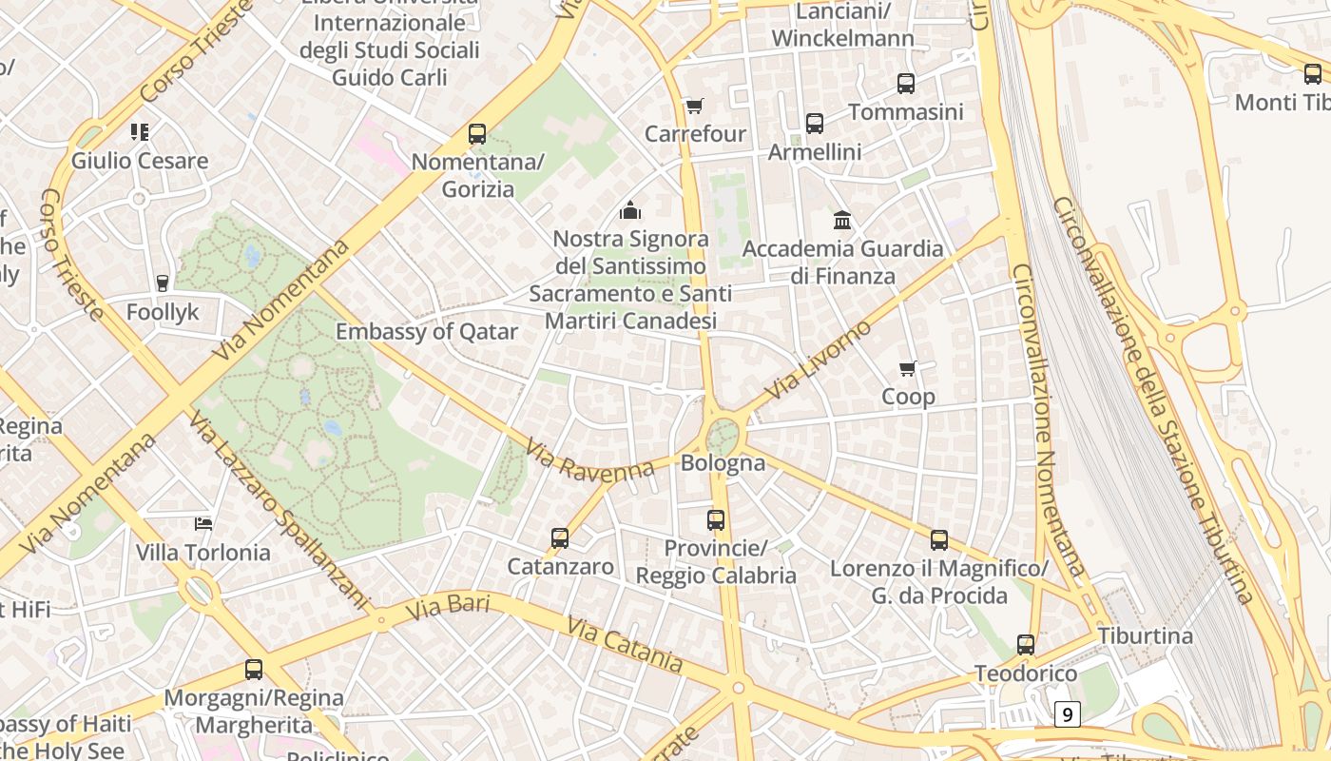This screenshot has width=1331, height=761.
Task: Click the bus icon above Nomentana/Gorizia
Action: (x=477, y=134)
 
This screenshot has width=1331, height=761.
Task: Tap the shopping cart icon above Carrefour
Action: (x=695, y=106)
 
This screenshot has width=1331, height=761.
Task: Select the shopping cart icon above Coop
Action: (x=908, y=368)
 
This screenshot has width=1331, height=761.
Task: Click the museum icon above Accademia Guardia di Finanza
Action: (x=842, y=221)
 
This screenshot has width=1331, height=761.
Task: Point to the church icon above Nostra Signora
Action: (x=629, y=210)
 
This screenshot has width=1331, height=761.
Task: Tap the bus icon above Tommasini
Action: (x=906, y=84)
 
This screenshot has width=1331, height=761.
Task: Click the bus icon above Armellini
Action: (x=815, y=123)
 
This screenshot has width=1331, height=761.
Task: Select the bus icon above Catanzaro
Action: (x=560, y=538)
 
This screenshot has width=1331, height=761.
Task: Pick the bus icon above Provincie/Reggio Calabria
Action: (x=716, y=520)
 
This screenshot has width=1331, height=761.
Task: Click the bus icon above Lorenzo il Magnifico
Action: (x=939, y=540)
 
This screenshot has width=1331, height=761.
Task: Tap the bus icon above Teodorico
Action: (x=1026, y=645)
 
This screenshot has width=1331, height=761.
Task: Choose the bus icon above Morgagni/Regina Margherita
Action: (x=254, y=669)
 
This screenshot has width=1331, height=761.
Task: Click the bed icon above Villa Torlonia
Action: (x=203, y=523)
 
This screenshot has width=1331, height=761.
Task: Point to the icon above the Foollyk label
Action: (x=163, y=283)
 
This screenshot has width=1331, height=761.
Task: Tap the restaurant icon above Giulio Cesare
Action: (x=140, y=131)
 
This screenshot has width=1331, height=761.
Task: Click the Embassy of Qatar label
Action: (x=427, y=332)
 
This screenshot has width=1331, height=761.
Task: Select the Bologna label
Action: (x=723, y=463)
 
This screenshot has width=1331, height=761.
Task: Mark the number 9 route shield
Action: (x=1068, y=713)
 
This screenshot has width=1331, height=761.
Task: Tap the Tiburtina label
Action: (x=1145, y=635)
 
